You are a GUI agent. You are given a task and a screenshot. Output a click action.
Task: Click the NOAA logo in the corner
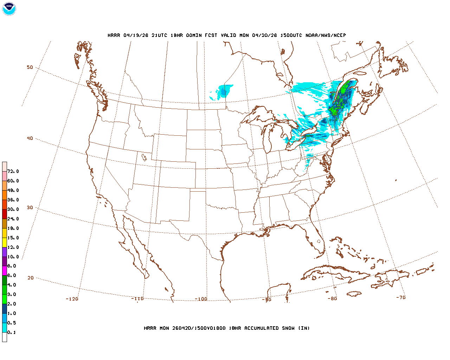pos(9,9)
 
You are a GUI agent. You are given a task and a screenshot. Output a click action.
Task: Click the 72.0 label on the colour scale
pos(13,172)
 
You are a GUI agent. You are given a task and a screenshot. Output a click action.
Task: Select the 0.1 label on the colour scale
pos(12,332)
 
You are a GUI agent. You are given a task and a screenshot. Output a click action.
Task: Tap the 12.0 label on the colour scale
pos(13,247)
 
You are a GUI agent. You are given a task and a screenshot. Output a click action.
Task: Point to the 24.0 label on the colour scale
pos(13,219)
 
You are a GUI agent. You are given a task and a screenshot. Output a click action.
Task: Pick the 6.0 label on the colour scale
pos(12,275)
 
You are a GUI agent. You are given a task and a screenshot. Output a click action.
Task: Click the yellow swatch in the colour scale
pos(5,242)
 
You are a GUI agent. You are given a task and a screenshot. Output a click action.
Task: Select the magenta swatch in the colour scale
pos(5,271)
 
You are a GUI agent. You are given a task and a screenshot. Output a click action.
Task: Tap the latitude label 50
pos(30,67)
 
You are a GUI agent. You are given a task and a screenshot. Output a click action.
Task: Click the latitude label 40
pos(30,138)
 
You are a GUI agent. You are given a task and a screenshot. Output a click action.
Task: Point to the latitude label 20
pos(31,278)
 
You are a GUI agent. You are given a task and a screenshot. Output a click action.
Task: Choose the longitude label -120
pos(72,299)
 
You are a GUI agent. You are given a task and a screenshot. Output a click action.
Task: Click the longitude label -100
pos(201,299)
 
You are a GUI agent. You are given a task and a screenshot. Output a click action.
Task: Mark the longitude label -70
pos(401,297)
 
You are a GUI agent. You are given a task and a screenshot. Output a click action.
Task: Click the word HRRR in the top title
pos(114,35)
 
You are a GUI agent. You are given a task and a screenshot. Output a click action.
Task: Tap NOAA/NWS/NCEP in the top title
pos(326,35)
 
